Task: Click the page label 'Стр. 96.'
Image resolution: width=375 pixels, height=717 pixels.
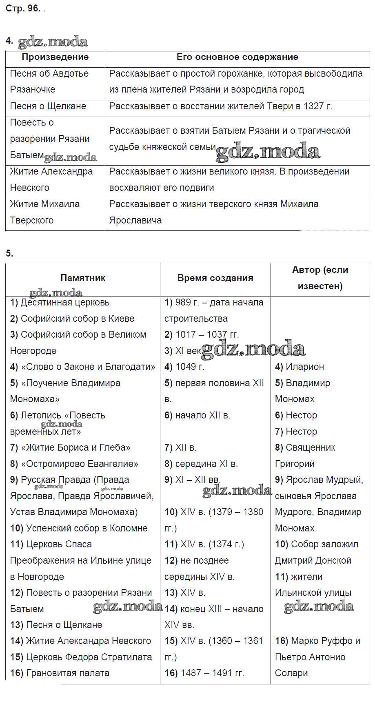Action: click(23, 9)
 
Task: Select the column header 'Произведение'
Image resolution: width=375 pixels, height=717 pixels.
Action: click(55, 57)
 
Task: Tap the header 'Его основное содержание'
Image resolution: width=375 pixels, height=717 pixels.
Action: click(237, 57)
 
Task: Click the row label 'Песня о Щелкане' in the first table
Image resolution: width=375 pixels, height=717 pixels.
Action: click(48, 106)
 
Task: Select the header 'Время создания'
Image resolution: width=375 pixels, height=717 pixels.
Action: click(215, 278)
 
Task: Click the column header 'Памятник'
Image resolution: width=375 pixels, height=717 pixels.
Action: click(83, 278)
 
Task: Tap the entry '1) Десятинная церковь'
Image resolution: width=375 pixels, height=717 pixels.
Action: click(60, 303)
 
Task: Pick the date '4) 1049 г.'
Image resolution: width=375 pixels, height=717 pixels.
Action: click(184, 367)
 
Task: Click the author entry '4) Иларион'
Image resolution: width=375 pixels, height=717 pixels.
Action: click(300, 367)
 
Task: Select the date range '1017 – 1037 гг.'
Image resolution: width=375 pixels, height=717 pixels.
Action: click(207, 335)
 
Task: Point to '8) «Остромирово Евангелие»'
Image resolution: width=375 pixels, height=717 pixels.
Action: click(74, 464)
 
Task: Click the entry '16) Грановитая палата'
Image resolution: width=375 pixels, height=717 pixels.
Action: click(60, 673)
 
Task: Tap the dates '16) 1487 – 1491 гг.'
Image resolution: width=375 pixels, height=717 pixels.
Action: click(204, 673)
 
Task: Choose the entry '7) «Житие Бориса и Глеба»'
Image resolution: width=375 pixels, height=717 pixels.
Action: click(70, 448)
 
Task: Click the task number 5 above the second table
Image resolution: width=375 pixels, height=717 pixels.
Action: click(9, 254)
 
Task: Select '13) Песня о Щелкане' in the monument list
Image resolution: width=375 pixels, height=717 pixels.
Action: click(56, 625)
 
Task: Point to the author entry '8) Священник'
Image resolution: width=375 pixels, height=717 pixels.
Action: click(305, 448)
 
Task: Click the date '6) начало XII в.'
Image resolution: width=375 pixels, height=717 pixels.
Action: click(197, 416)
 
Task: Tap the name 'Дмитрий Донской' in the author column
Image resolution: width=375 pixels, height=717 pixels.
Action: click(313, 561)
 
